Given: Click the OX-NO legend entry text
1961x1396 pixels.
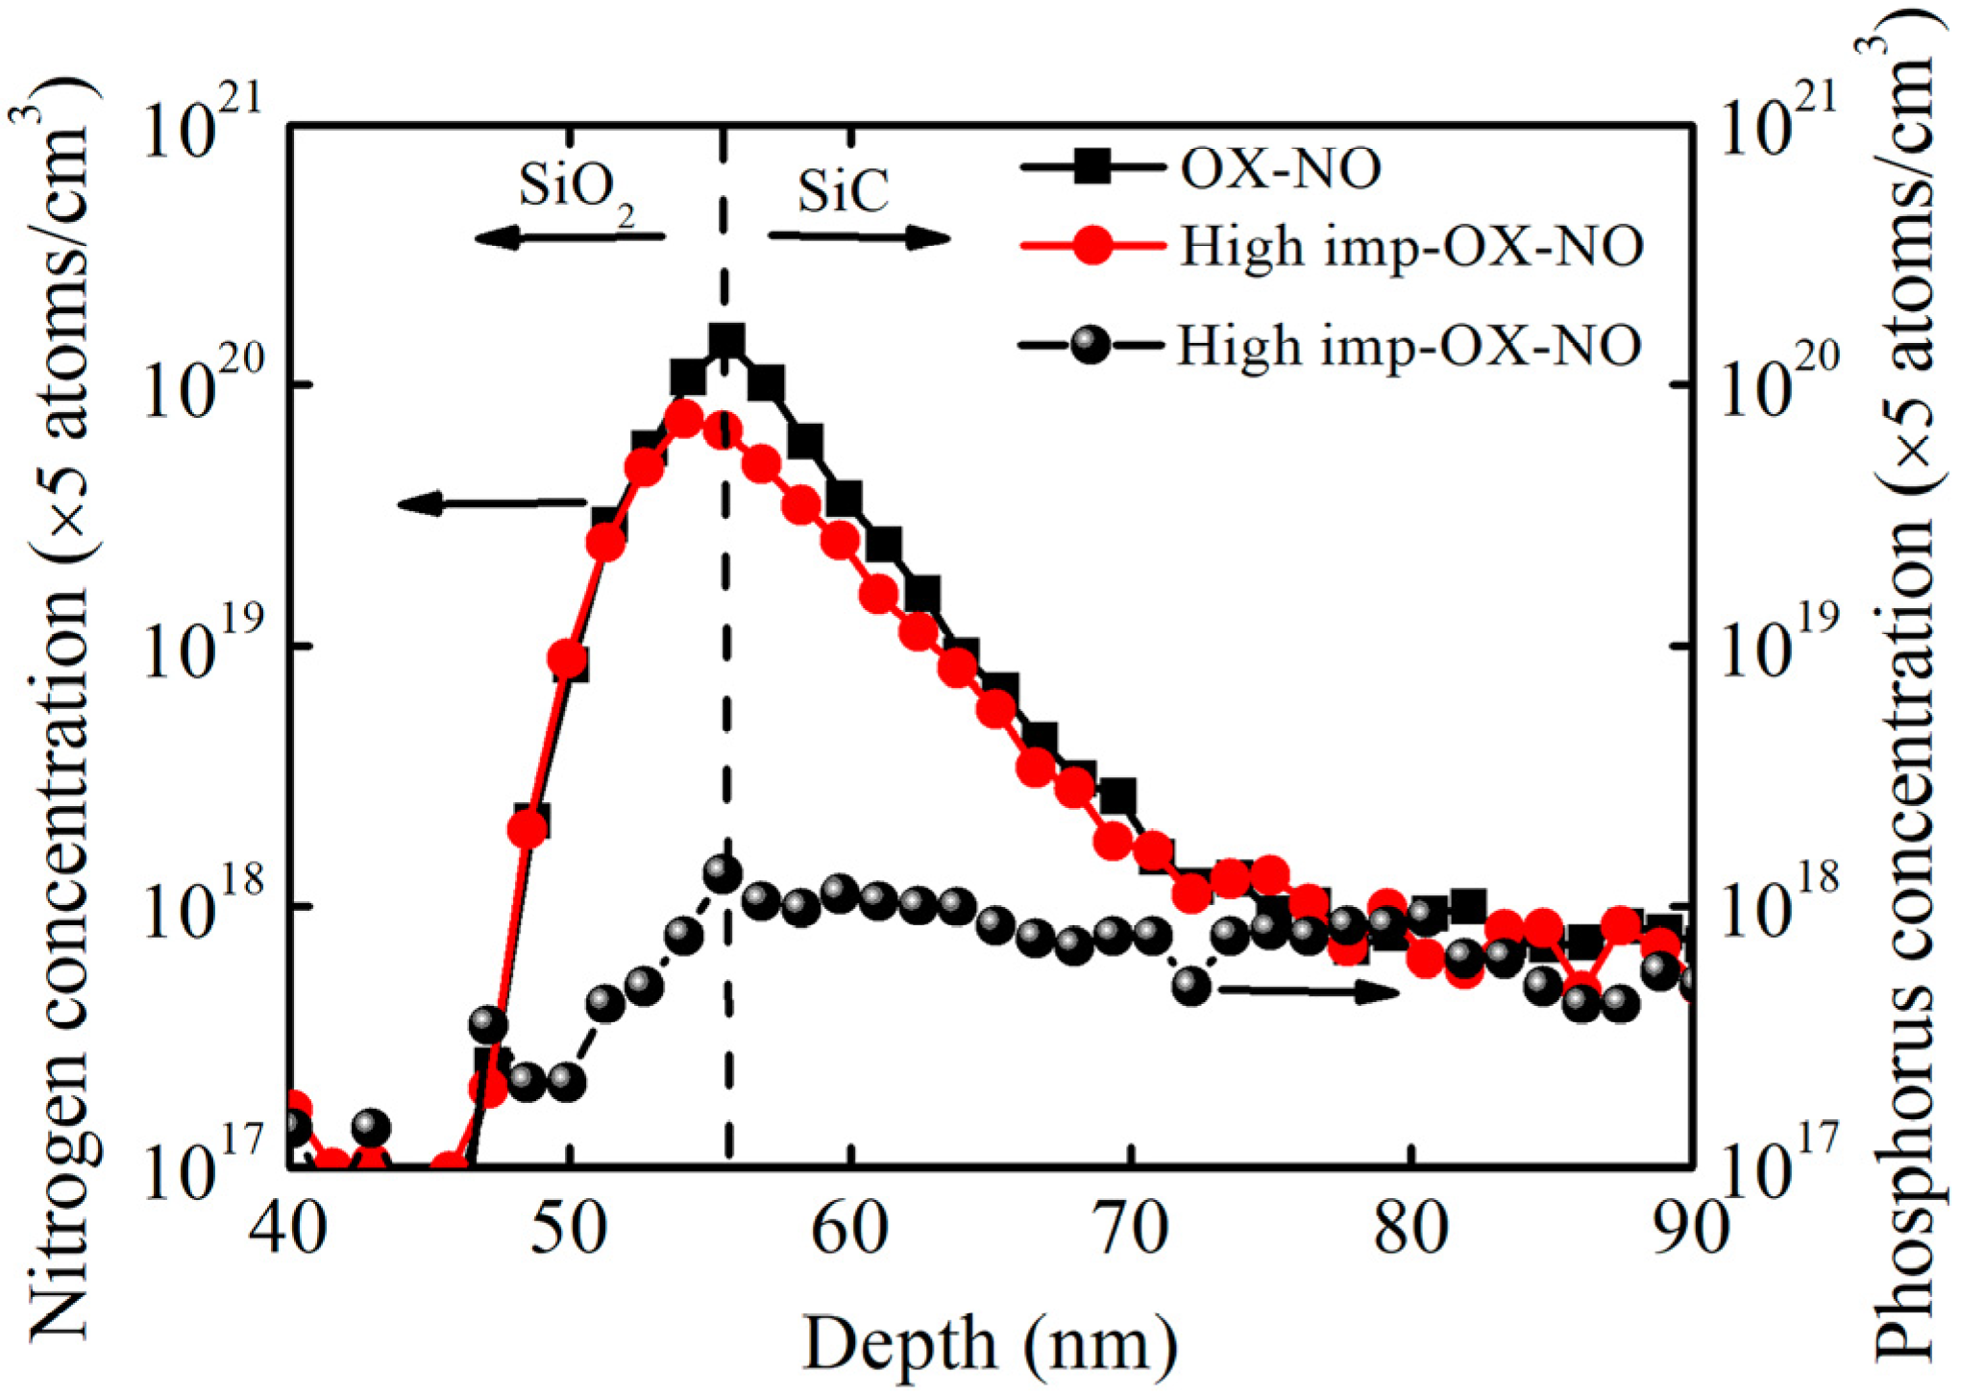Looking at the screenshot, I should click(1280, 170).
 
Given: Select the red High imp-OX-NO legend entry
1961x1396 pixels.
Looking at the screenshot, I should click(1410, 248).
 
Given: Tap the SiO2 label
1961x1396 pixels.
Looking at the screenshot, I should click(576, 189).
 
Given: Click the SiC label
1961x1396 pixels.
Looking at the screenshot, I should click(843, 191).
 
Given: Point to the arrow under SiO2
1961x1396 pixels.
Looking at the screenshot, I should click(570, 236).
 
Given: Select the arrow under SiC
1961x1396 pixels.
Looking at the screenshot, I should click(858, 236).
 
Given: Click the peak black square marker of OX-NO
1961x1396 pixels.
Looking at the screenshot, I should click(726, 341).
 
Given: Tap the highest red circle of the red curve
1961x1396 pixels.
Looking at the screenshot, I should click(684, 419).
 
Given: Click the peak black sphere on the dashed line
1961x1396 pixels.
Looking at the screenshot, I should click(723, 873).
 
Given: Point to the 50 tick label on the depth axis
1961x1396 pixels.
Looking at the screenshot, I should click(569, 1231).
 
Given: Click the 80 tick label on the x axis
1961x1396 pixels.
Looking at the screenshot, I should click(1410, 1231).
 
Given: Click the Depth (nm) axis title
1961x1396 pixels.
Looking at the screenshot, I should click(990, 1343).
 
